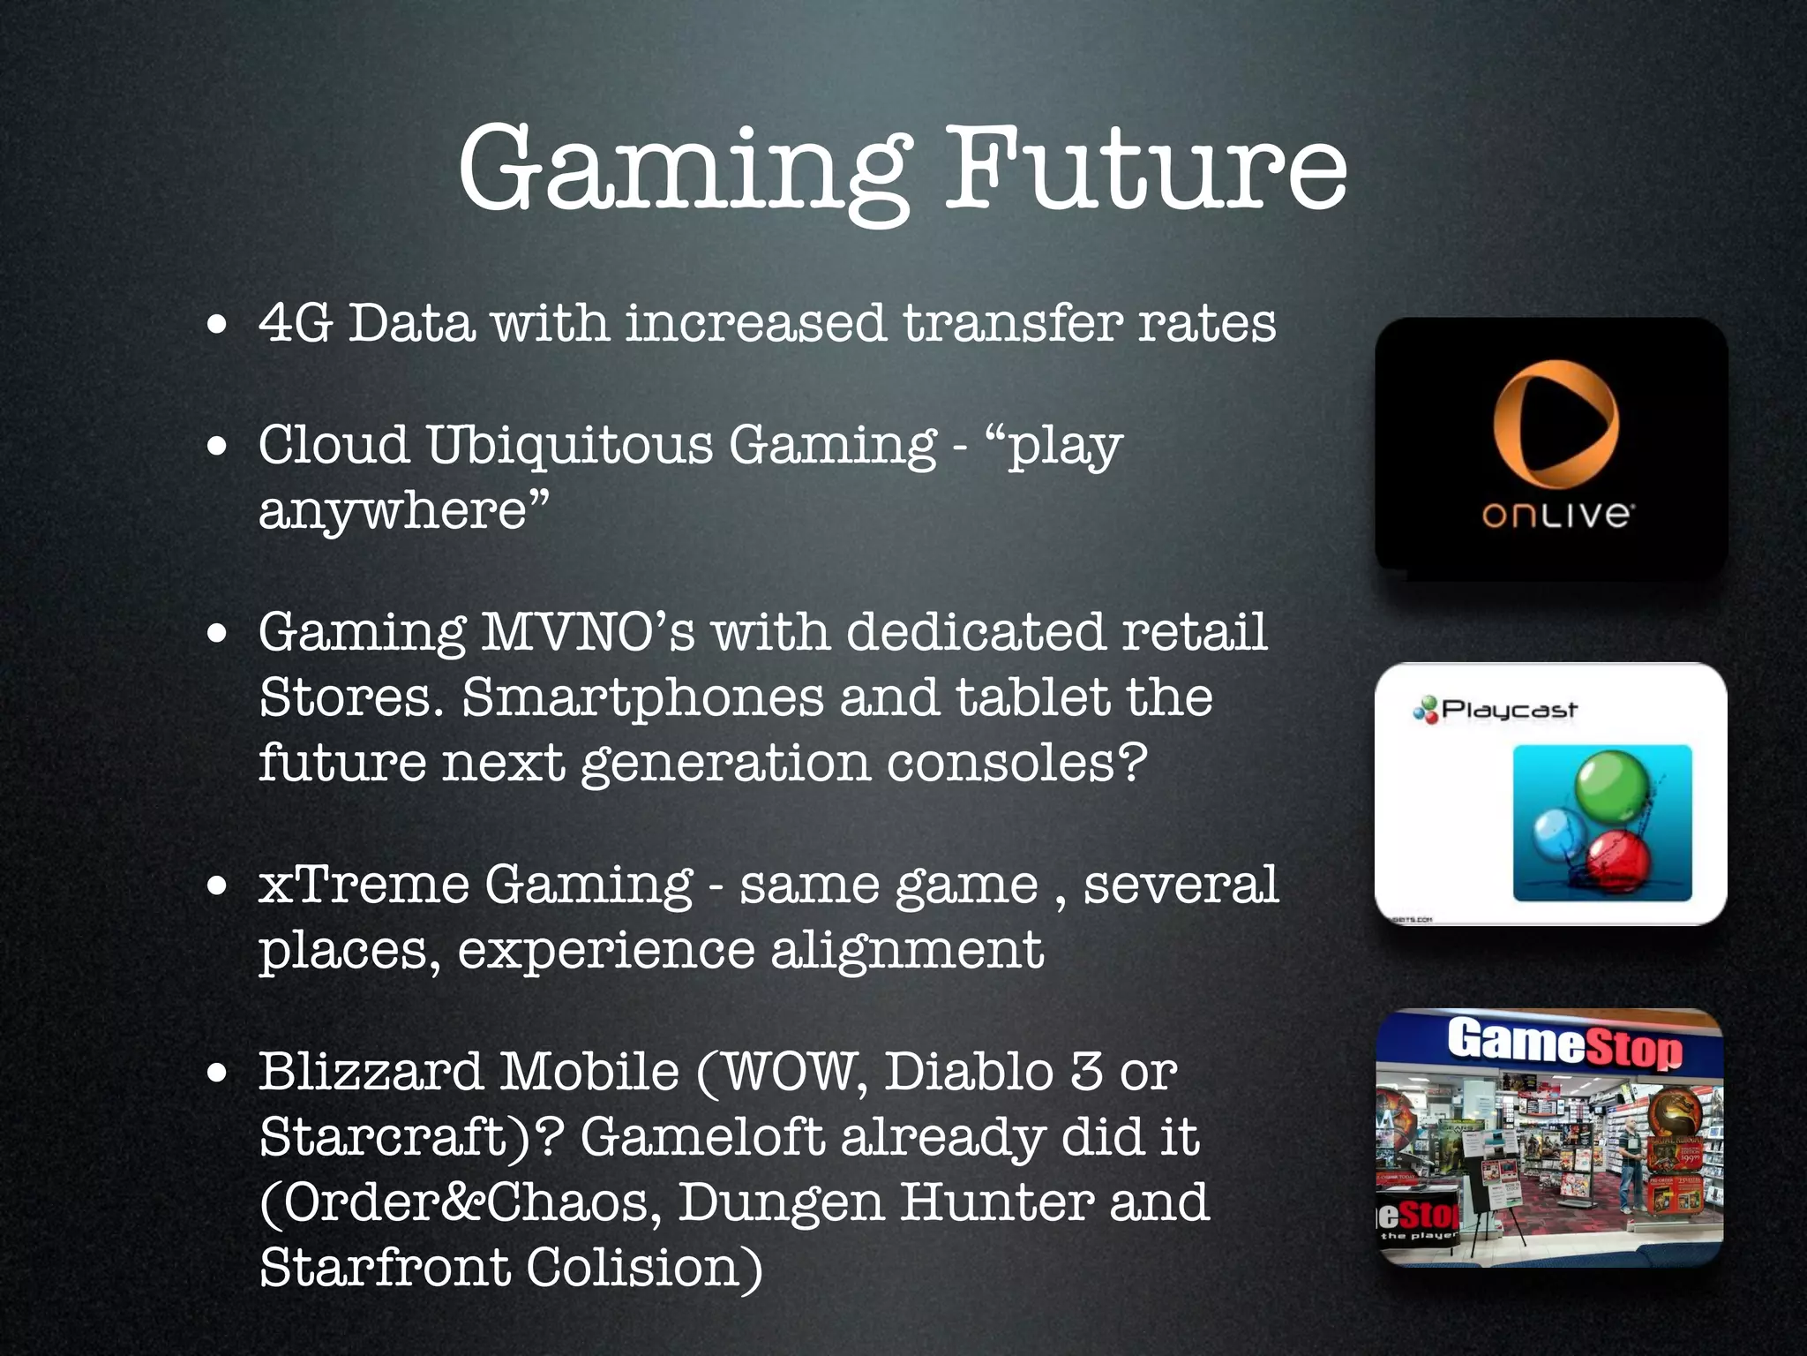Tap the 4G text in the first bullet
click(295, 322)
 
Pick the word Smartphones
click(642, 697)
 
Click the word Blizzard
click(371, 1072)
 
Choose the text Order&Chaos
click(459, 1202)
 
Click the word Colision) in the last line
click(644, 1268)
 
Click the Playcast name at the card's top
click(1509, 709)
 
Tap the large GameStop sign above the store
click(1563, 1043)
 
